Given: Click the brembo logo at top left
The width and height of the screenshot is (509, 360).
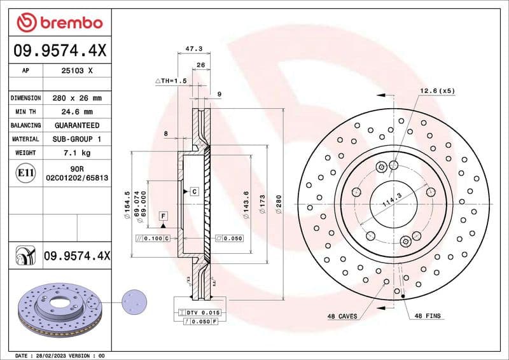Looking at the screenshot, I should click(59, 23).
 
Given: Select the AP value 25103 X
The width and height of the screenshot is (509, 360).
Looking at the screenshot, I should click(76, 71).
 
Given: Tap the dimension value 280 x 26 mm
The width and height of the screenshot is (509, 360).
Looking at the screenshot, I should click(76, 99).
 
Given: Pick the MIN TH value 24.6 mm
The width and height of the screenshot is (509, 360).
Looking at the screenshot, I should click(76, 112).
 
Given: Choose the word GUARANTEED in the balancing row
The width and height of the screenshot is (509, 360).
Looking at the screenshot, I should click(76, 125).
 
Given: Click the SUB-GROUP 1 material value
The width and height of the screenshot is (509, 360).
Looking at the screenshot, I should click(76, 139).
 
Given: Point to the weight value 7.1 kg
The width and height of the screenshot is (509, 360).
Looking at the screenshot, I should click(76, 153).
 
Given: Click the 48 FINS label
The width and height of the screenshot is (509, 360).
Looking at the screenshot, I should click(428, 316).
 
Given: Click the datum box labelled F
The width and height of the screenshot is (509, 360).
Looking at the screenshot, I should click(163, 216).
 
